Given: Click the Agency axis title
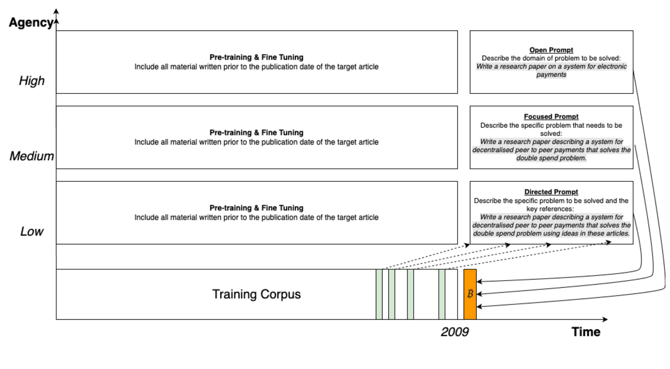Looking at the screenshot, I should [x=31, y=22].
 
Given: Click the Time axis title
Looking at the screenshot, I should [x=586, y=332].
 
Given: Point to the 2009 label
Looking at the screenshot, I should [x=455, y=332].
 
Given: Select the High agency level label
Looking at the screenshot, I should [x=32, y=81].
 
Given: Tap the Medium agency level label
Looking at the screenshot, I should [x=32, y=156].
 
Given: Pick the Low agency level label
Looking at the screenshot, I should [x=32, y=231].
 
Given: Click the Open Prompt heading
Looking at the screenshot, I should [x=551, y=50].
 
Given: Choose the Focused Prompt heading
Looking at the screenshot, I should [x=551, y=117].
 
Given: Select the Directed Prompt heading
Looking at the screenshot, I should [x=551, y=192].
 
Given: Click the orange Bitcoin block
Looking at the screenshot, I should [x=470, y=294].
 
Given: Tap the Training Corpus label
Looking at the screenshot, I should [x=256, y=294].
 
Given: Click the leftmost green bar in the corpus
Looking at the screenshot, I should [x=379, y=294].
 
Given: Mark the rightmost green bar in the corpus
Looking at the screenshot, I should [x=442, y=294].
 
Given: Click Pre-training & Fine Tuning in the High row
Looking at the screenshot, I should [x=256, y=57].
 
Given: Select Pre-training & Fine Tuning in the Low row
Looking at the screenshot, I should [x=256, y=208].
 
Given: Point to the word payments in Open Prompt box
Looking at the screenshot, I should [x=551, y=75].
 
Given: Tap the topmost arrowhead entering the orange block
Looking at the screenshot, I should [x=479, y=281].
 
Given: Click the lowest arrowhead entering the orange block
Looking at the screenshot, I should [x=479, y=307].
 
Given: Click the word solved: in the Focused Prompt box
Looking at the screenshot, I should [x=551, y=133].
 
